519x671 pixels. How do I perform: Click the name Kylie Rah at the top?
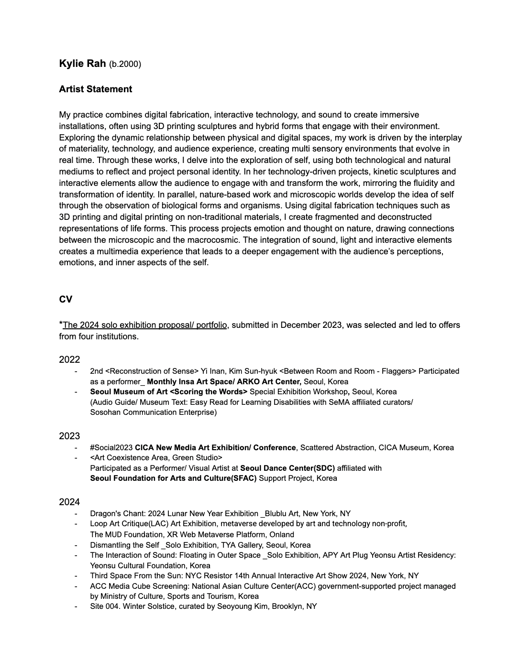(x=82, y=64)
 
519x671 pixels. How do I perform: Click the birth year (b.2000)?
(x=125, y=64)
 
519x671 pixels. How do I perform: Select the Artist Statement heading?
(x=95, y=89)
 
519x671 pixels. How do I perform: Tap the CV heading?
(x=66, y=299)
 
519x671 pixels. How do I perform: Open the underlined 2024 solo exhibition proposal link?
(x=144, y=325)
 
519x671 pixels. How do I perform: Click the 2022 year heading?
(x=69, y=359)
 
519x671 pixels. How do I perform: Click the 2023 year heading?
(x=69, y=436)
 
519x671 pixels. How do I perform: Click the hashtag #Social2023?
(x=111, y=448)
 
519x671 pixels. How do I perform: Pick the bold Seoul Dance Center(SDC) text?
(x=287, y=468)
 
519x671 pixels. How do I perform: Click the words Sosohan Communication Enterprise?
(x=153, y=412)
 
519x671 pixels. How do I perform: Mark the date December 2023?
(x=311, y=325)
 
